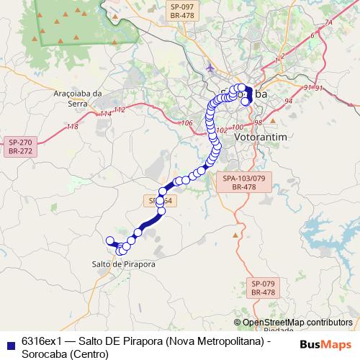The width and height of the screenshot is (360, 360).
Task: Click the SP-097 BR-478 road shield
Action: tap(183, 10)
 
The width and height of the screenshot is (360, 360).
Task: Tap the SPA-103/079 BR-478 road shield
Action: tap(244, 181)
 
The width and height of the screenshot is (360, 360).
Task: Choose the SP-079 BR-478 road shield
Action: tap(263, 288)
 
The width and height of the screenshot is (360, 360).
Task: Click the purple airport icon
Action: tap(210, 69)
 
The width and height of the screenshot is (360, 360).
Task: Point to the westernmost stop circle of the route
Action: tap(109, 240)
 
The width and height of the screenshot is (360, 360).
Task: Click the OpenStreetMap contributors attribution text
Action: tap(297, 323)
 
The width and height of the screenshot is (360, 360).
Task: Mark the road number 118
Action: tap(72, 127)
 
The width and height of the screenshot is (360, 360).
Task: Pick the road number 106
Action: tap(186, 123)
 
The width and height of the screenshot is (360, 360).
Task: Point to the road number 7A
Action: tap(328, 24)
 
